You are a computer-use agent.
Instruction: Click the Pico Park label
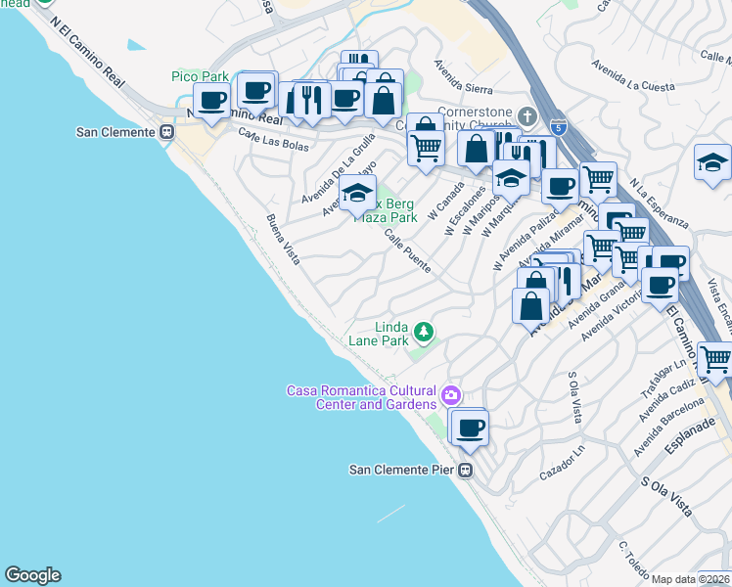(x=199, y=76)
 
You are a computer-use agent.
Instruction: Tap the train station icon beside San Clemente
(x=167, y=133)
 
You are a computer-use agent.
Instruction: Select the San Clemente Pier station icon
(x=466, y=471)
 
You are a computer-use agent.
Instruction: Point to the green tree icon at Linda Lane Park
(x=424, y=333)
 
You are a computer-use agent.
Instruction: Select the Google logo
(x=32, y=575)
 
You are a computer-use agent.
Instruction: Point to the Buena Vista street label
(x=284, y=240)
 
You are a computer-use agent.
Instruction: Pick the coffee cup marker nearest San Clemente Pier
(x=471, y=427)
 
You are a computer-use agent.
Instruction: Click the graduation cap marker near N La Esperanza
(x=712, y=163)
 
